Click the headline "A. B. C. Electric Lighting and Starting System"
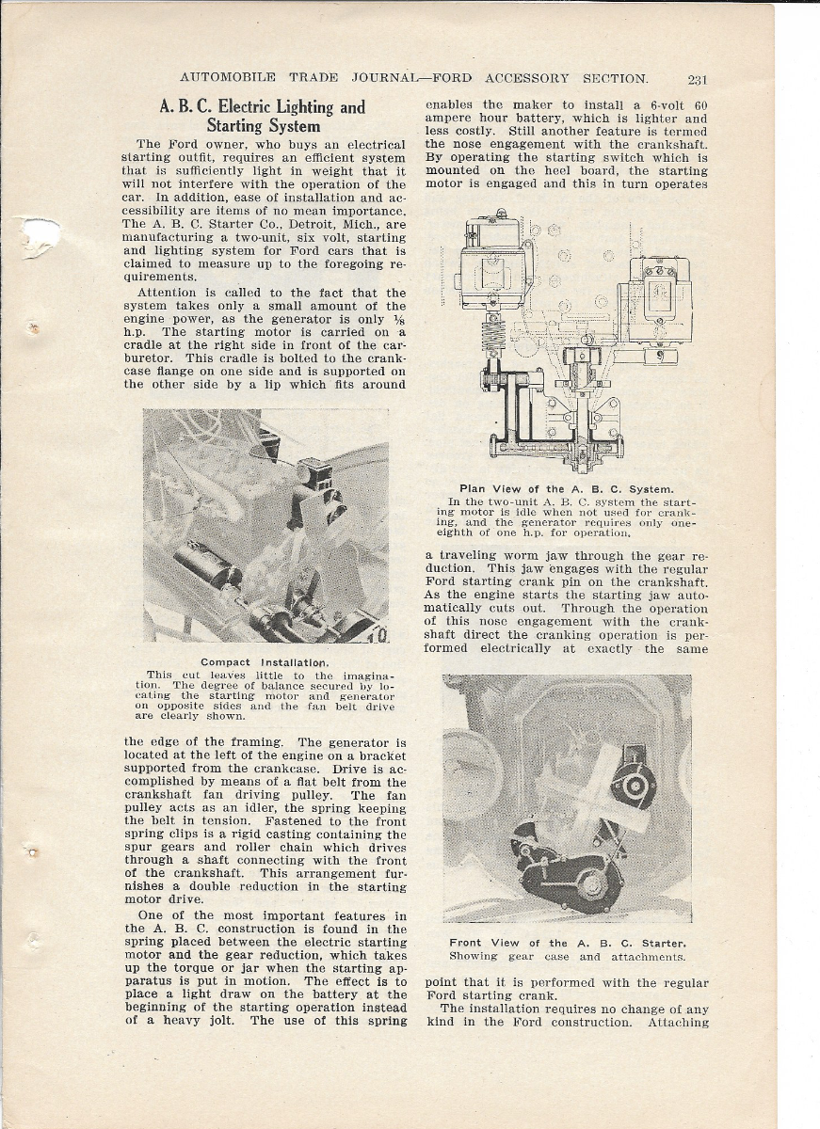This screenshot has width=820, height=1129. [x=263, y=116]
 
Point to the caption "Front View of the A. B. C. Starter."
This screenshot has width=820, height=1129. [x=567, y=943]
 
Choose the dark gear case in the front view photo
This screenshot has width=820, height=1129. [x=568, y=875]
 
